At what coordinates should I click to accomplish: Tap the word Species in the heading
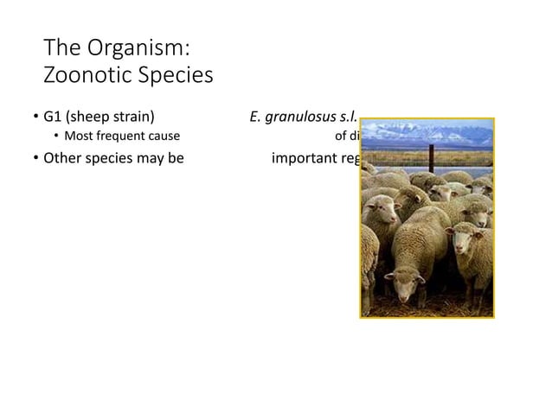(172, 76)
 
